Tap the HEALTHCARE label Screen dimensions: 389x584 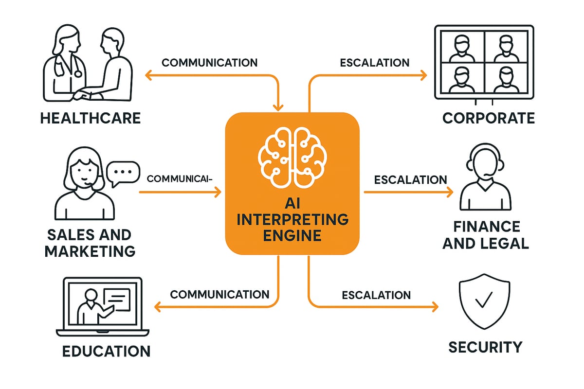coord(91,118)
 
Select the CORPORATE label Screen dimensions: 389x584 coord(488,118)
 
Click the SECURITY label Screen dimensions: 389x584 coord(485,347)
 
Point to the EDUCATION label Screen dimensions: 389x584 coord(107,351)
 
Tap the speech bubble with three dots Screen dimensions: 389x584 coord(122,174)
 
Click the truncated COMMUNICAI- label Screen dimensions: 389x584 coord(180,178)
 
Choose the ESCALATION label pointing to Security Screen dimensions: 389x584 coord(376,295)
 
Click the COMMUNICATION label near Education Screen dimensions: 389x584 coord(219,295)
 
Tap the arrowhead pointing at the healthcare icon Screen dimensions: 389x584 coord(149,75)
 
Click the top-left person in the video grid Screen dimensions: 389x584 coord(462,49)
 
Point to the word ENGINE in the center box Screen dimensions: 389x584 coord(292,236)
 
